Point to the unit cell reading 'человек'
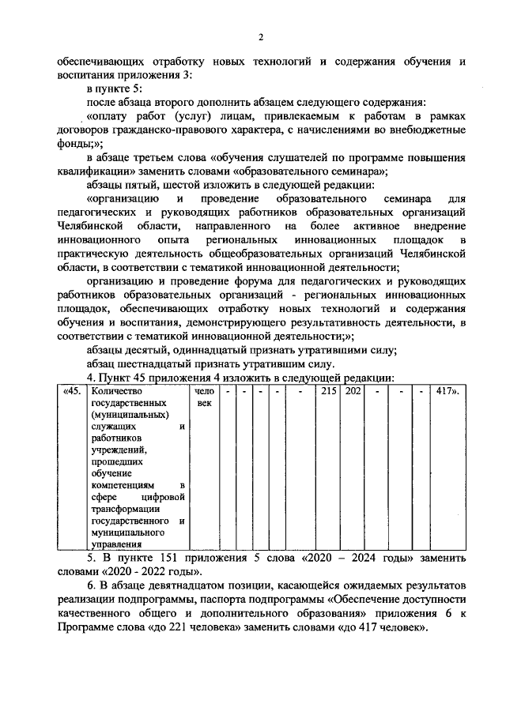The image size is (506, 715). [203, 397]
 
